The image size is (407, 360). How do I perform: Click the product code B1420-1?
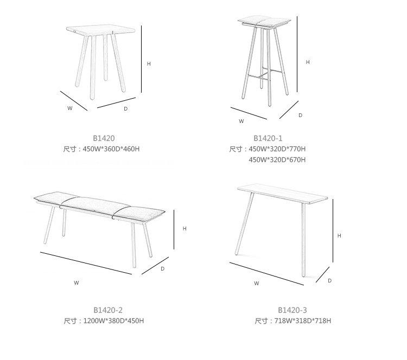(268, 138)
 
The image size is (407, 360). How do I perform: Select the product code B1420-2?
(108, 310)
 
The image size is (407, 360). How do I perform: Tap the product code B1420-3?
(292, 310)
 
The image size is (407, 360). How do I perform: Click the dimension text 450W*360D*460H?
(111, 149)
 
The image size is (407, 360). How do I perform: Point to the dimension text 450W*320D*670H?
(277, 160)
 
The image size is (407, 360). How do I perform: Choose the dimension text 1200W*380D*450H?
(113, 321)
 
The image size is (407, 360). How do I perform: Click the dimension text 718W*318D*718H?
(303, 321)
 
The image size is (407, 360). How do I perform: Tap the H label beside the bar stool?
(308, 62)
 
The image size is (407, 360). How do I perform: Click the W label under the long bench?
(76, 282)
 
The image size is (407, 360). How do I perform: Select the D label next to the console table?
(329, 281)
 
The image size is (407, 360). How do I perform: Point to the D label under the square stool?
(126, 108)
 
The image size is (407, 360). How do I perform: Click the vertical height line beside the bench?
(174, 229)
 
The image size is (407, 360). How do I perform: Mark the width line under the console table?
(266, 274)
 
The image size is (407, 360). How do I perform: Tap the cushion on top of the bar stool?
(264, 22)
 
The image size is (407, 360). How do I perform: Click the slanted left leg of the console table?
(244, 223)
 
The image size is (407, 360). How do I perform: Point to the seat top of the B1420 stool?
(101, 30)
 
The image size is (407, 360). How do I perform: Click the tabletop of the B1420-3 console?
(282, 194)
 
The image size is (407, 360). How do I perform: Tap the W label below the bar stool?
(241, 121)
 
